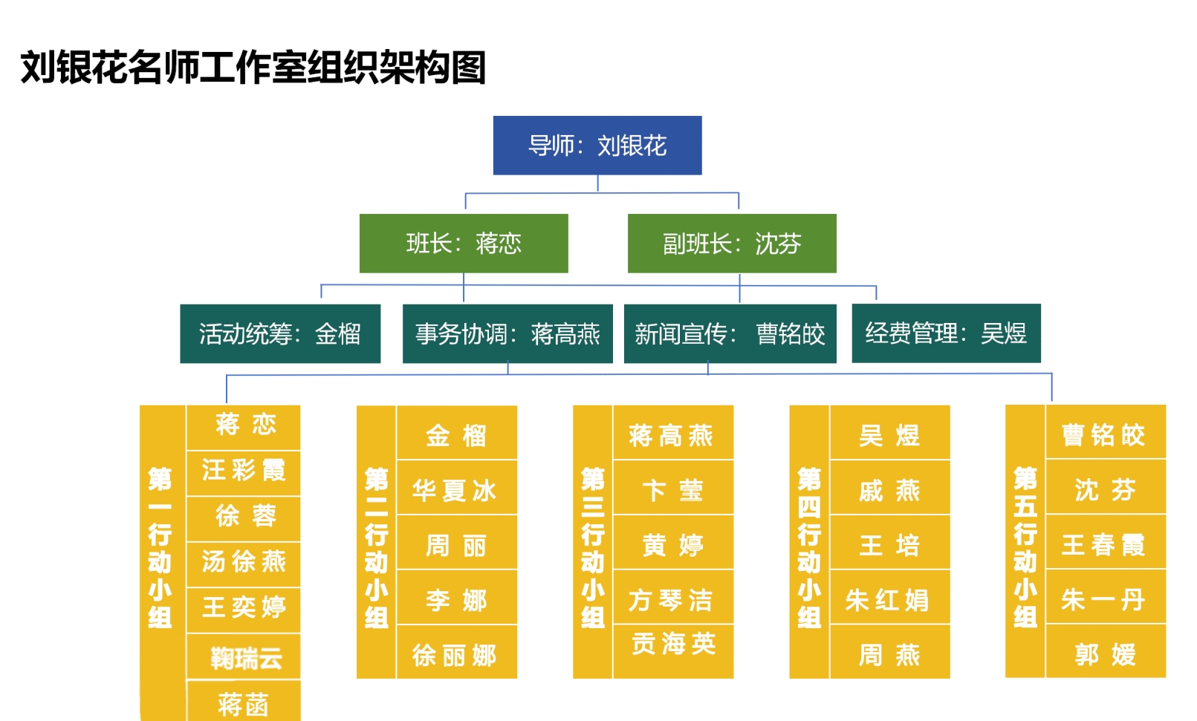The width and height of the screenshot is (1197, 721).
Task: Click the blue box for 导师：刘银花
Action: click(x=597, y=146)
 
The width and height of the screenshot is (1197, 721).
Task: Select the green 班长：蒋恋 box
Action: click(x=464, y=244)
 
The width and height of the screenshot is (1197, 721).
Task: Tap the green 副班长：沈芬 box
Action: click(x=732, y=244)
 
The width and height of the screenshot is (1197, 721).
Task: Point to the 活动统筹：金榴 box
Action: click(x=280, y=334)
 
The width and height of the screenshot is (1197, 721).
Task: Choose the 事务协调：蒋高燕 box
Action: click(x=507, y=334)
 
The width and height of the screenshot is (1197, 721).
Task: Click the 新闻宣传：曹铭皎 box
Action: click(x=730, y=334)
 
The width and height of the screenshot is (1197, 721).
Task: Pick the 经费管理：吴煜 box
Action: click(x=946, y=333)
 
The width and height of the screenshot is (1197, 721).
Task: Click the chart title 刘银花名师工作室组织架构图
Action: click(x=253, y=68)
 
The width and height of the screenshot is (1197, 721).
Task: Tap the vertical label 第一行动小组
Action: click(x=160, y=548)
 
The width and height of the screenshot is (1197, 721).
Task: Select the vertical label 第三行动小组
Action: click(x=592, y=548)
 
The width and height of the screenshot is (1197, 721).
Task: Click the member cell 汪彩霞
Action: click(x=244, y=471)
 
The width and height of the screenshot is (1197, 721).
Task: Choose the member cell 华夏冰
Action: click(x=455, y=490)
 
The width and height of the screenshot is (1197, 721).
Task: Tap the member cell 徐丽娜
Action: click(x=455, y=655)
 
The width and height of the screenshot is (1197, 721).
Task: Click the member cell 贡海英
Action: click(x=673, y=645)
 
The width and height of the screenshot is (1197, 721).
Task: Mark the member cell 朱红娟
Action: click(x=888, y=600)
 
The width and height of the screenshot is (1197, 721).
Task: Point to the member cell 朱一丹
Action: click(x=1103, y=599)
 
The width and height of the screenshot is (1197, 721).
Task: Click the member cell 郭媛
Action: click(x=1105, y=654)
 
